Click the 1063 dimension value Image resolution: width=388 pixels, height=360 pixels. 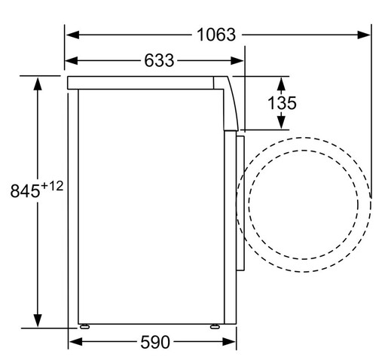coord(215,35)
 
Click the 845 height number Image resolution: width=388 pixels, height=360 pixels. coord(24,192)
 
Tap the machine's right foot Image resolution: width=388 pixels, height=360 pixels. coord(215,327)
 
